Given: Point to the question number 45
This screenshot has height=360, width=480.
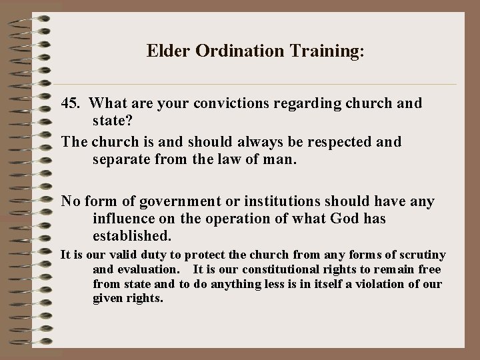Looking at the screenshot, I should pos(71,104).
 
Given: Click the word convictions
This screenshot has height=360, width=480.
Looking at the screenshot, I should pos(211,104).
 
